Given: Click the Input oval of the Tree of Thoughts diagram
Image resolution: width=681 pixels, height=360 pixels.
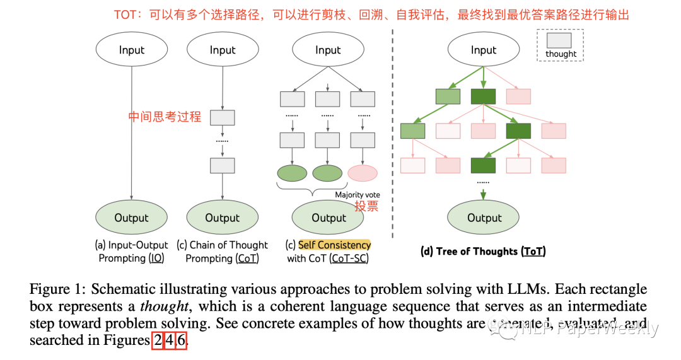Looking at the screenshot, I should click(484, 50).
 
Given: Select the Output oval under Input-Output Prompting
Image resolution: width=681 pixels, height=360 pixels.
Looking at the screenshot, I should click(131, 218).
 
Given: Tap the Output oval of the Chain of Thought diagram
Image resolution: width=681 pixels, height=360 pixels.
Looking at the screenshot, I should click(222, 218).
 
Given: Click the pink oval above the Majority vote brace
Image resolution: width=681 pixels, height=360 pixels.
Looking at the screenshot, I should click(363, 173).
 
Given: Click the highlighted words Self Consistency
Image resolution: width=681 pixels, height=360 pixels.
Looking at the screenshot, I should click(334, 245).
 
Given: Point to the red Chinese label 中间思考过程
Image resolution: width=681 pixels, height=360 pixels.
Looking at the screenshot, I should click(165, 117).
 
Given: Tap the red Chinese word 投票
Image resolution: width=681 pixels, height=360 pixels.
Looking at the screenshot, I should click(366, 206).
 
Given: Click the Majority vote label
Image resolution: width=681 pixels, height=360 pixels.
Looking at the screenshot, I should click(358, 195).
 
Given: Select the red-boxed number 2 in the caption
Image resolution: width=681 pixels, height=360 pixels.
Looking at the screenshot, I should click(158, 340).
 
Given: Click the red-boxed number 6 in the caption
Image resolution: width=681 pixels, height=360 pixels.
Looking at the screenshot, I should click(181, 340).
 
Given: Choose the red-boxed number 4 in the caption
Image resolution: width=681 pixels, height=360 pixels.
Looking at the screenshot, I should click(169, 340).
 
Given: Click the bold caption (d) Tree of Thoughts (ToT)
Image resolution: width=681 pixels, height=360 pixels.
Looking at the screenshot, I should click(483, 251).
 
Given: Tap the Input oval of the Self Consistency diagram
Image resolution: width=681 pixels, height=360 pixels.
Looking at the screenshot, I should click(328, 50).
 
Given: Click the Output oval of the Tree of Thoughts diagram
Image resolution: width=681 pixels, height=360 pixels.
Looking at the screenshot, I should click(484, 218).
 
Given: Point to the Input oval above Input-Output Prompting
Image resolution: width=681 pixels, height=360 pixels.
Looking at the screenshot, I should click(131, 50).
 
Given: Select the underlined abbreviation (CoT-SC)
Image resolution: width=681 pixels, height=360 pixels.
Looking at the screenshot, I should click(349, 258).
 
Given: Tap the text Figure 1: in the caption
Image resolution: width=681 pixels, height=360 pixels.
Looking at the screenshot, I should click(57, 289).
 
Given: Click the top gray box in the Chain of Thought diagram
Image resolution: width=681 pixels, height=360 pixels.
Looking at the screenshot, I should click(222, 118).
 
